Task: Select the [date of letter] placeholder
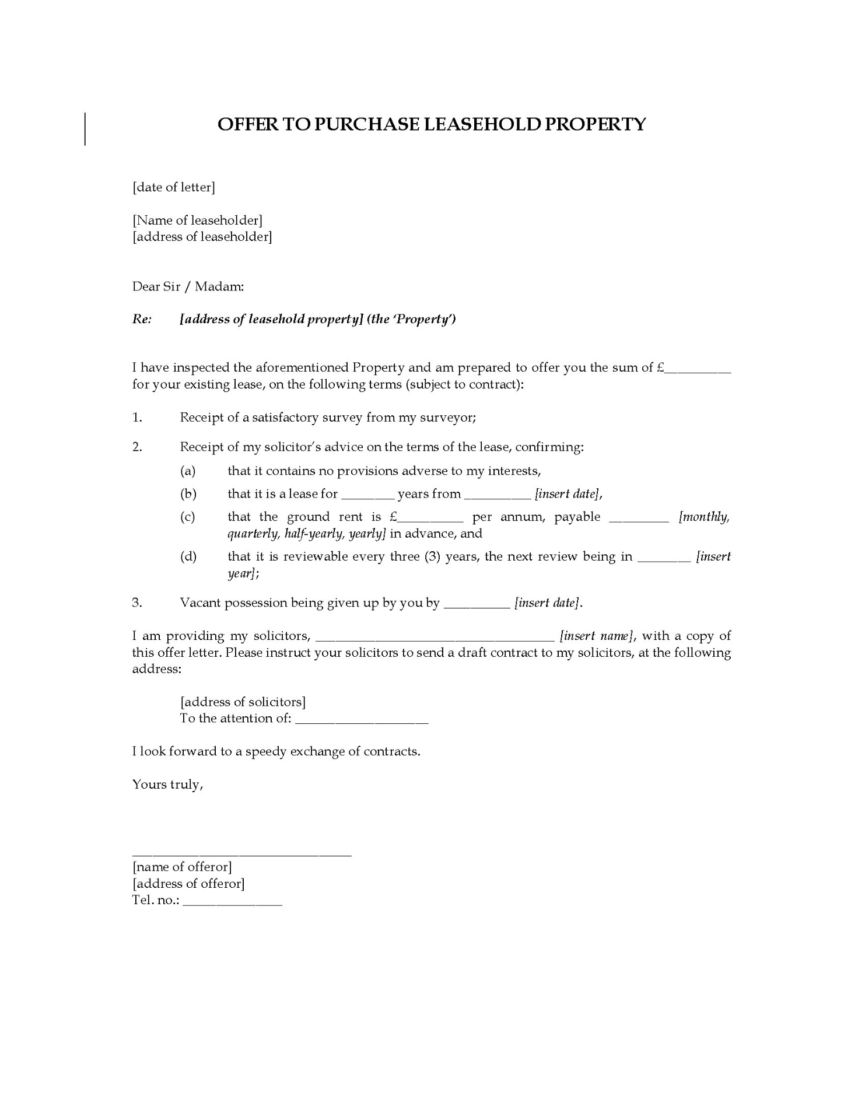coord(174,187)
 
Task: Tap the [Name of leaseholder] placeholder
coord(197,220)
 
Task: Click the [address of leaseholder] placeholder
coord(202,236)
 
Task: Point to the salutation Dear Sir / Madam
coord(188,286)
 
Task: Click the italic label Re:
coord(142,319)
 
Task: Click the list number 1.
coord(137,417)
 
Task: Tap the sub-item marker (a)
coord(188,471)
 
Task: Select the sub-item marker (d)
coord(188,556)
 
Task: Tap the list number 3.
coord(137,603)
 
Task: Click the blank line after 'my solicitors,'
coord(435,638)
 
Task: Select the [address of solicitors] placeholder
coord(243,702)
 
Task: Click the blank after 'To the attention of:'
coord(362,721)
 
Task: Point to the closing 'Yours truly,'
coord(167,784)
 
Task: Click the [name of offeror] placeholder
coord(182,867)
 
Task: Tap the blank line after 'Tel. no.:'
coord(232,902)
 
